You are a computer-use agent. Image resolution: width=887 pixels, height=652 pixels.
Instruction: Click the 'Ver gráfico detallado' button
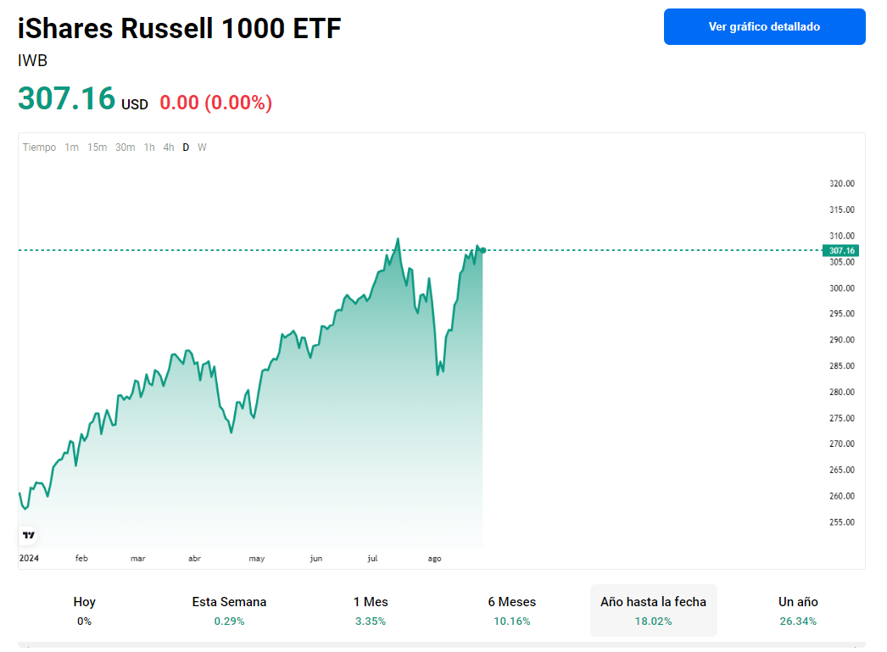764,27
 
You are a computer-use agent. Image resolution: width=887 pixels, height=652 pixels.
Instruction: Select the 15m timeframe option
98,148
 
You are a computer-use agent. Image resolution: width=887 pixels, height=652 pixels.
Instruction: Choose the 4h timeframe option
169,148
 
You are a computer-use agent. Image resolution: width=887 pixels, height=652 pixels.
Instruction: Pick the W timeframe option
202,148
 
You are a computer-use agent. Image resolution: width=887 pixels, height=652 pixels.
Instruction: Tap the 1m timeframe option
72,148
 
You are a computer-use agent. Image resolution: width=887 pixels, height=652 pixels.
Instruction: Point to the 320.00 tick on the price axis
842,184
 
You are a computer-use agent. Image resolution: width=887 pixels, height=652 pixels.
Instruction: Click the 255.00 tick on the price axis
842,522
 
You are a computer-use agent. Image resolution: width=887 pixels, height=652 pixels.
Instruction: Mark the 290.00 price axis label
842,340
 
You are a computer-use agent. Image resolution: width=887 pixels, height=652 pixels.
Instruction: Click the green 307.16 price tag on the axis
841,250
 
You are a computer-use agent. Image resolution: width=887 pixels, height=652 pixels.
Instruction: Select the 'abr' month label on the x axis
194,559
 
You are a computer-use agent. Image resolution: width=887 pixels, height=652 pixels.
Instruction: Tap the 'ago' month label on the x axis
434,559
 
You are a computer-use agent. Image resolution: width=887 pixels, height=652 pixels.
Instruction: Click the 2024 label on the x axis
29,559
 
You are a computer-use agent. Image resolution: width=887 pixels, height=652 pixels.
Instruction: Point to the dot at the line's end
483,250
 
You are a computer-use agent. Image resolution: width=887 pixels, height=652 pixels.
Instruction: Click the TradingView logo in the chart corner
29,535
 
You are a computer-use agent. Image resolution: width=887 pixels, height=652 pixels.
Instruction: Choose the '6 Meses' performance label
511,602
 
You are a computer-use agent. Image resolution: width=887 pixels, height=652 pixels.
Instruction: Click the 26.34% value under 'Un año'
798,621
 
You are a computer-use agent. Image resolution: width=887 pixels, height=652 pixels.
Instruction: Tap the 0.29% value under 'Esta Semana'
229,621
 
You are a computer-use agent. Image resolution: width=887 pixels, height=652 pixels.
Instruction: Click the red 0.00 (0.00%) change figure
216,103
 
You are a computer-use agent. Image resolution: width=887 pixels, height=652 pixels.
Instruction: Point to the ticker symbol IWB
32,61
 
